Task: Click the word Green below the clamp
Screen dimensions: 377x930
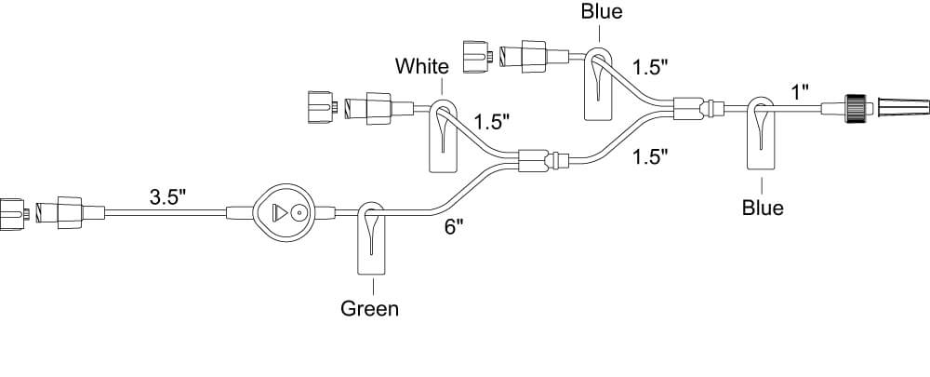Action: [369, 308]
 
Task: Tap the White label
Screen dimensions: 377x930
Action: [421, 66]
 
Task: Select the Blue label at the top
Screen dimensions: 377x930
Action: [602, 12]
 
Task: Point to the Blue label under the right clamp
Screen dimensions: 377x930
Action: [762, 207]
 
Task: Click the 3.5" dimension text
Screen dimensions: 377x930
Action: [168, 197]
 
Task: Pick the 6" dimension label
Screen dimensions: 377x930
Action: [453, 228]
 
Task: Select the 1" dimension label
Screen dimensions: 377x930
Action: [799, 91]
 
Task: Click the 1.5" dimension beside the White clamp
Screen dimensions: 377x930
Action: [493, 122]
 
